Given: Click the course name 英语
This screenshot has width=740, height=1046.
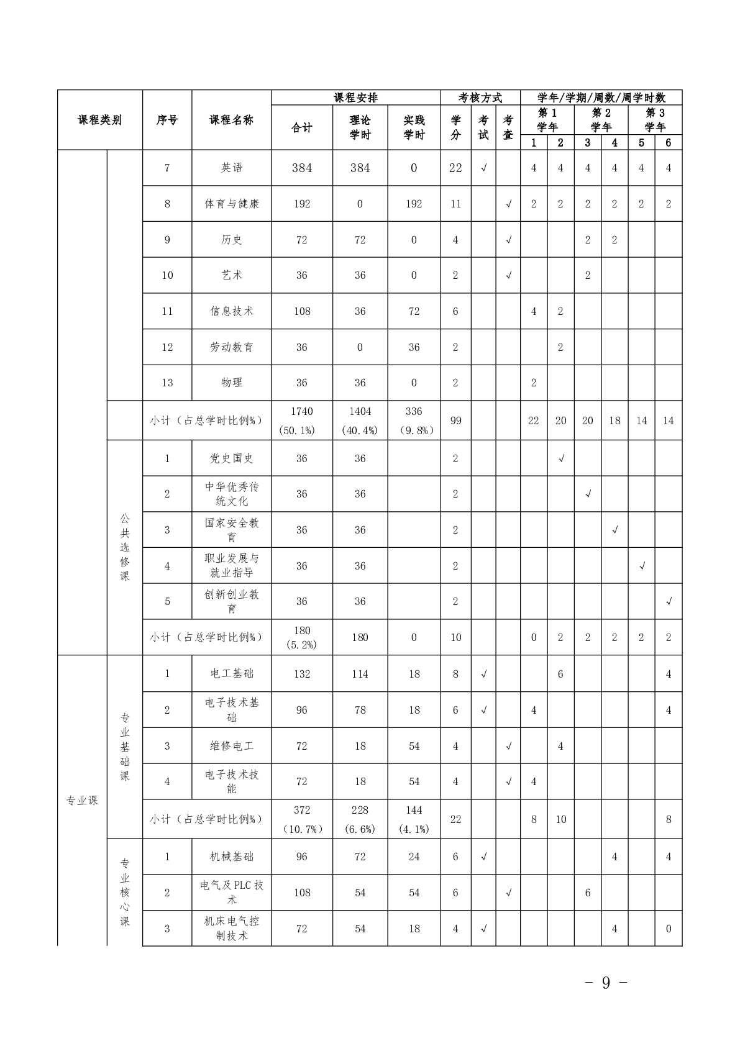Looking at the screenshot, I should click(x=231, y=168).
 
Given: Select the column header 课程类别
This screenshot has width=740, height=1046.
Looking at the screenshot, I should click(x=99, y=120).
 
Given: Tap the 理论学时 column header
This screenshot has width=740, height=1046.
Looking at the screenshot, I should click(x=360, y=127).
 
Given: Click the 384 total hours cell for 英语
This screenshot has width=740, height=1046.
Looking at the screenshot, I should click(x=302, y=168).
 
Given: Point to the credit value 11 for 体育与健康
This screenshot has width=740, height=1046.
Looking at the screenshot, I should click(x=455, y=204).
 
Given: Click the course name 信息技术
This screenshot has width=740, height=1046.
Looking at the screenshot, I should click(x=231, y=311).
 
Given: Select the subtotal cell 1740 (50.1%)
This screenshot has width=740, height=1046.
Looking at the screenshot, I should click(x=302, y=421).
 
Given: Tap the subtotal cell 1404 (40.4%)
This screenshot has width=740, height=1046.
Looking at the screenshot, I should click(x=360, y=421).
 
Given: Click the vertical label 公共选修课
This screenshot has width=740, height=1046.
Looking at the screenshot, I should click(x=125, y=547).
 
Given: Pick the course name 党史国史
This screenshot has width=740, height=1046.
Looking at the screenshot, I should click(x=231, y=458).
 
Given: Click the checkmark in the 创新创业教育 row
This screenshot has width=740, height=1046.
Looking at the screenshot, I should click(x=669, y=601).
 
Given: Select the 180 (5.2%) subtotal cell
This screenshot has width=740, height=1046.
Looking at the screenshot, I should click(x=302, y=637).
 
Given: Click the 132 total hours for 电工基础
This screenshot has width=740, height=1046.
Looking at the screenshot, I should click(x=302, y=674).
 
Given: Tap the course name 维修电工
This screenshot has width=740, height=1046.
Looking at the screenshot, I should click(x=231, y=746).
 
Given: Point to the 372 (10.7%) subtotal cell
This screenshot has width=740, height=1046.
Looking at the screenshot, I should click(x=302, y=819).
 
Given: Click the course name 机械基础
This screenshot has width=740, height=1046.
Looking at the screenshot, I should click(x=231, y=857).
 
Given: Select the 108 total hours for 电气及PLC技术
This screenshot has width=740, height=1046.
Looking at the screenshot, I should click(x=302, y=893).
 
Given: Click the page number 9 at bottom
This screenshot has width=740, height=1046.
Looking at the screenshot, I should click(x=606, y=983).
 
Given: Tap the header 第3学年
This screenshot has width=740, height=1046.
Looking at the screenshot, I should click(x=655, y=120).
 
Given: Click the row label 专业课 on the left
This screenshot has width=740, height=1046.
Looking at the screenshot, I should click(x=82, y=801).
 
